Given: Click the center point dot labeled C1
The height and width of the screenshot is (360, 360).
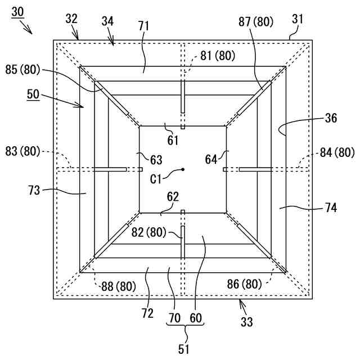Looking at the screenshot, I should pyautogui.click(x=183, y=169).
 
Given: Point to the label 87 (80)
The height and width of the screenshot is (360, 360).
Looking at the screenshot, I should pyautogui.click(x=255, y=22).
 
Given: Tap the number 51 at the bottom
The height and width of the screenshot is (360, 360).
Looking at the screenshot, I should pyautogui.click(x=184, y=349).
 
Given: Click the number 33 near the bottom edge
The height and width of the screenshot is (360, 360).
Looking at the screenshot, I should pyautogui.click(x=246, y=322).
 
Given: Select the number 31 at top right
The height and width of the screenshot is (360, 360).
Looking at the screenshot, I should pyautogui.click(x=298, y=19).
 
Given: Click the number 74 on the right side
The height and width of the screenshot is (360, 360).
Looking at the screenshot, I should pyautogui.click(x=331, y=208).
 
